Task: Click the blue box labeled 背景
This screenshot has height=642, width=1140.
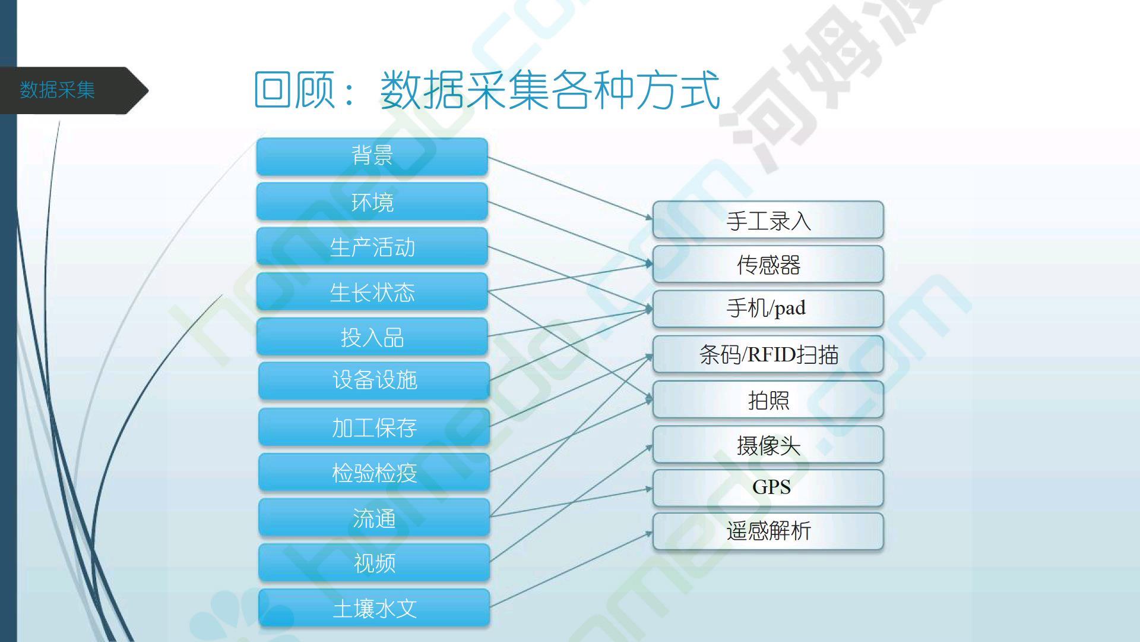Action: click(x=372, y=156)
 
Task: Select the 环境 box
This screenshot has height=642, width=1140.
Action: click(x=372, y=202)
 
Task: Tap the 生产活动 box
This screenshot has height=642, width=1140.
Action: click(x=372, y=247)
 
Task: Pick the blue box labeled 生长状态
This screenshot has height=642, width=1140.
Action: click(x=372, y=292)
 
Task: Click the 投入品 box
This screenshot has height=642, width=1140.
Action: click(x=372, y=337)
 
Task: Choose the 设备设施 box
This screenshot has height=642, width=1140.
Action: click(x=374, y=380)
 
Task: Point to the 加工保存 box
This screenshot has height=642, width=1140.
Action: click(x=374, y=427)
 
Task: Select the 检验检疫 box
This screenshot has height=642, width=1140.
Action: click(x=374, y=473)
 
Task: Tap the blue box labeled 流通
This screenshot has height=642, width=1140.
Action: click(x=374, y=518)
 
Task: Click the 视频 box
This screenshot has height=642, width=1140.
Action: click(x=374, y=562)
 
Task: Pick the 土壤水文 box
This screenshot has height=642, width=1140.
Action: click(x=374, y=608)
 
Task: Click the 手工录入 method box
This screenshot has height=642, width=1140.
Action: click(x=768, y=220)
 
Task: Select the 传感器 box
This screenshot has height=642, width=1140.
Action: click(x=768, y=265)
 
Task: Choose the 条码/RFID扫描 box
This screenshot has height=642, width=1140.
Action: click(x=768, y=354)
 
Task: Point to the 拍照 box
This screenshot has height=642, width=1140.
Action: click(x=768, y=399)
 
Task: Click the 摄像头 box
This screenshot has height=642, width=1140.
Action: click(x=768, y=445)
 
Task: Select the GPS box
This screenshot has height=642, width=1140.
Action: click(x=768, y=488)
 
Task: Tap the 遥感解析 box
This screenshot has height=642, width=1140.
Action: click(x=768, y=531)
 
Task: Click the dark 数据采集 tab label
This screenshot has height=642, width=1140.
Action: click(x=58, y=90)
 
